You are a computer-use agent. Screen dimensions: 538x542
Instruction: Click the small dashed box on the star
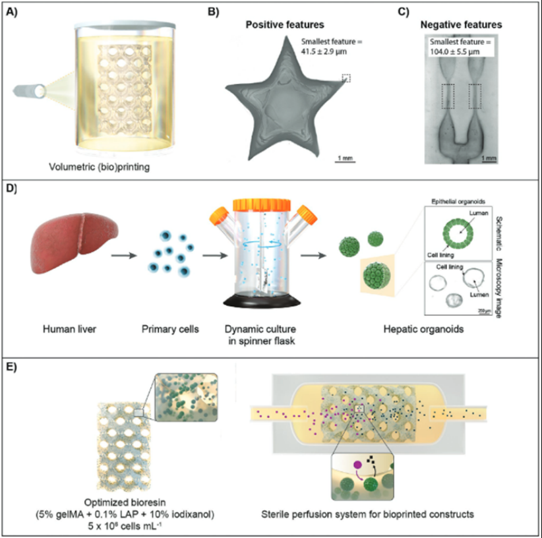346,78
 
